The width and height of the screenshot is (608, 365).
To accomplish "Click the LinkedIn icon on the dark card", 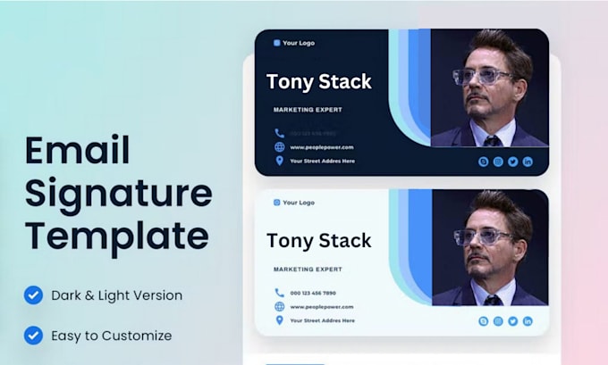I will coord(528,161).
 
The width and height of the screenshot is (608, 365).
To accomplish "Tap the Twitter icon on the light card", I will coord(513,321).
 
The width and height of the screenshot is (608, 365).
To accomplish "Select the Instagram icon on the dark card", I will coord(498,161).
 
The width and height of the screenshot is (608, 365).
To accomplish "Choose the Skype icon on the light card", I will coord(484,321).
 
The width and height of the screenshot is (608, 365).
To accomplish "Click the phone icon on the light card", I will coord(280,292).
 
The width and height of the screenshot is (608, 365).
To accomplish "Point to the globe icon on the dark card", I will coord(280,146).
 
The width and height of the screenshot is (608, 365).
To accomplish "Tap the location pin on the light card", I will coord(280,319).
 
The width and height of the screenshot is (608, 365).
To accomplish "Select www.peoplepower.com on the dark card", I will coord(322,147).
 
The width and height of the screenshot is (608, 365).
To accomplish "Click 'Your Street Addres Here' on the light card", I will coord(322,320).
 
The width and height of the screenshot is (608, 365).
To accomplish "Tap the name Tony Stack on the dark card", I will coord(318,82).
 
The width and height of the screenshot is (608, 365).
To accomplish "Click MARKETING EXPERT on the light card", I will coord(308,269).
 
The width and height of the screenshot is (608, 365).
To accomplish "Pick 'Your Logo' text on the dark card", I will coord(299,43).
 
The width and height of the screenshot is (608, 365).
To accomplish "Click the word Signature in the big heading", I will coord(118,194).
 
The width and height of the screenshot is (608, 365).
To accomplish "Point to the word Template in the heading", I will coord(116,236).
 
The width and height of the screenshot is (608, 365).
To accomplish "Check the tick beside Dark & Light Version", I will coord(33,294).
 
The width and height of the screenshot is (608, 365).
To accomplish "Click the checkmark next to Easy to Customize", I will coord(33,336).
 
